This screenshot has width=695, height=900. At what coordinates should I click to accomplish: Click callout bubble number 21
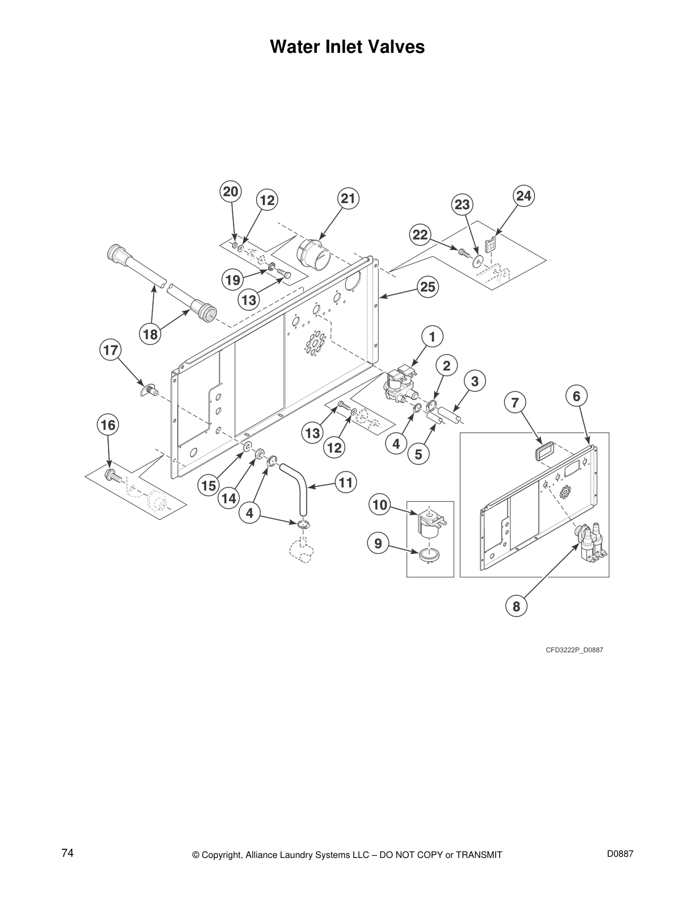click(348, 199)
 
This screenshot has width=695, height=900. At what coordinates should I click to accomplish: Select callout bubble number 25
click(428, 287)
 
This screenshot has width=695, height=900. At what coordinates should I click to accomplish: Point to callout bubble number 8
click(516, 606)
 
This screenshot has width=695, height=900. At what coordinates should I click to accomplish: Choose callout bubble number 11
click(345, 483)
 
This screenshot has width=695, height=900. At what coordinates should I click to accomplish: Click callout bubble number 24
click(524, 196)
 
